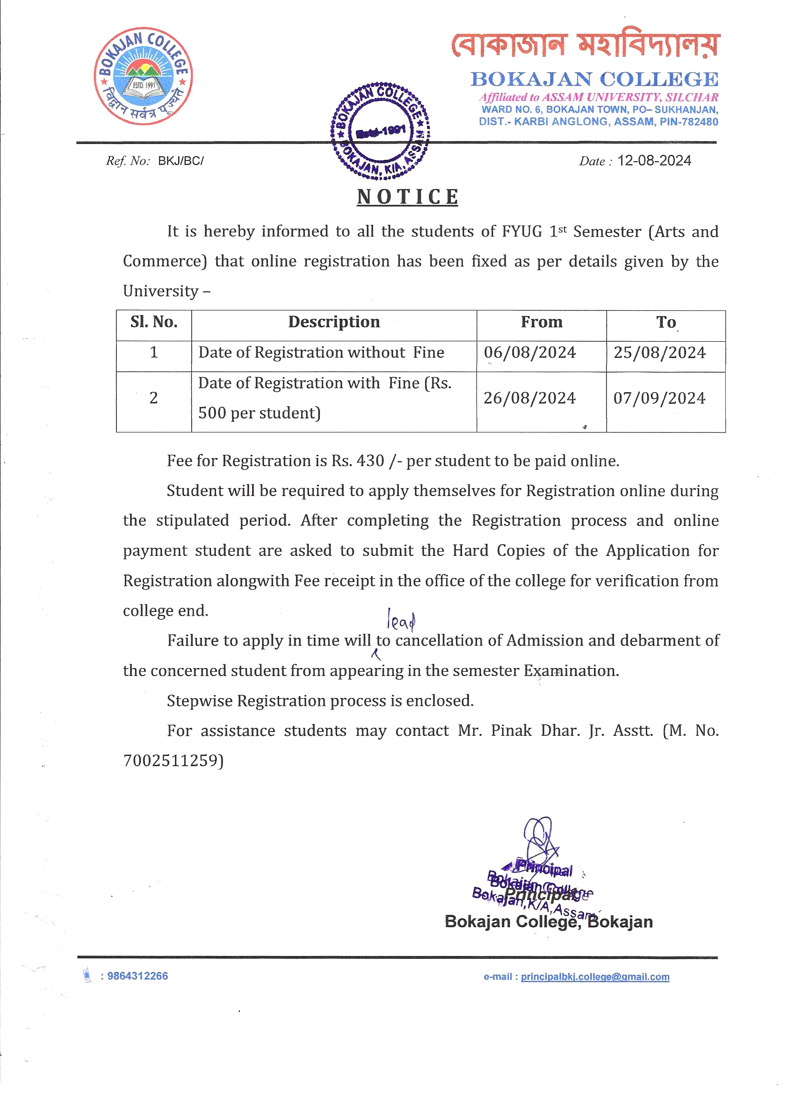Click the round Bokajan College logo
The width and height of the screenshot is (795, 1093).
pos(143,76)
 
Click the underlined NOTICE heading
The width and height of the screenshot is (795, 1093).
pos(407,197)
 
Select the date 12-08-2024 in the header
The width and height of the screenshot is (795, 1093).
pos(654,161)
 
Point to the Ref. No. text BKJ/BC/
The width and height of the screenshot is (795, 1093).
pos(181,161)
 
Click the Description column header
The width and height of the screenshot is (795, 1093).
pos(333,322)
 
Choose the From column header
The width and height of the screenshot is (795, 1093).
pos(542,322)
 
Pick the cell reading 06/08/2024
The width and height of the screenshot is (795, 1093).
pos(530,353)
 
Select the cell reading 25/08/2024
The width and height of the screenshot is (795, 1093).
pos(659,353)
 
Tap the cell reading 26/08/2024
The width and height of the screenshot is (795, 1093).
pos(529,398)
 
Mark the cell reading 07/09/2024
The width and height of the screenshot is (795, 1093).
pos(659,398)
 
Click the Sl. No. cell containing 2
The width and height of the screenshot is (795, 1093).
pos(153,398)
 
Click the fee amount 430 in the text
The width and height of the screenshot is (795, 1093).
pos(370,461)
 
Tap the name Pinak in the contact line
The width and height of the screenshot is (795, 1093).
pos(511,731)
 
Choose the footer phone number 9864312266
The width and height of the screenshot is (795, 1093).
pos(137,976)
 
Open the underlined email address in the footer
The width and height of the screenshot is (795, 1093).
pos(595,977)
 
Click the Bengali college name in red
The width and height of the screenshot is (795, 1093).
pos(585,45)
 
